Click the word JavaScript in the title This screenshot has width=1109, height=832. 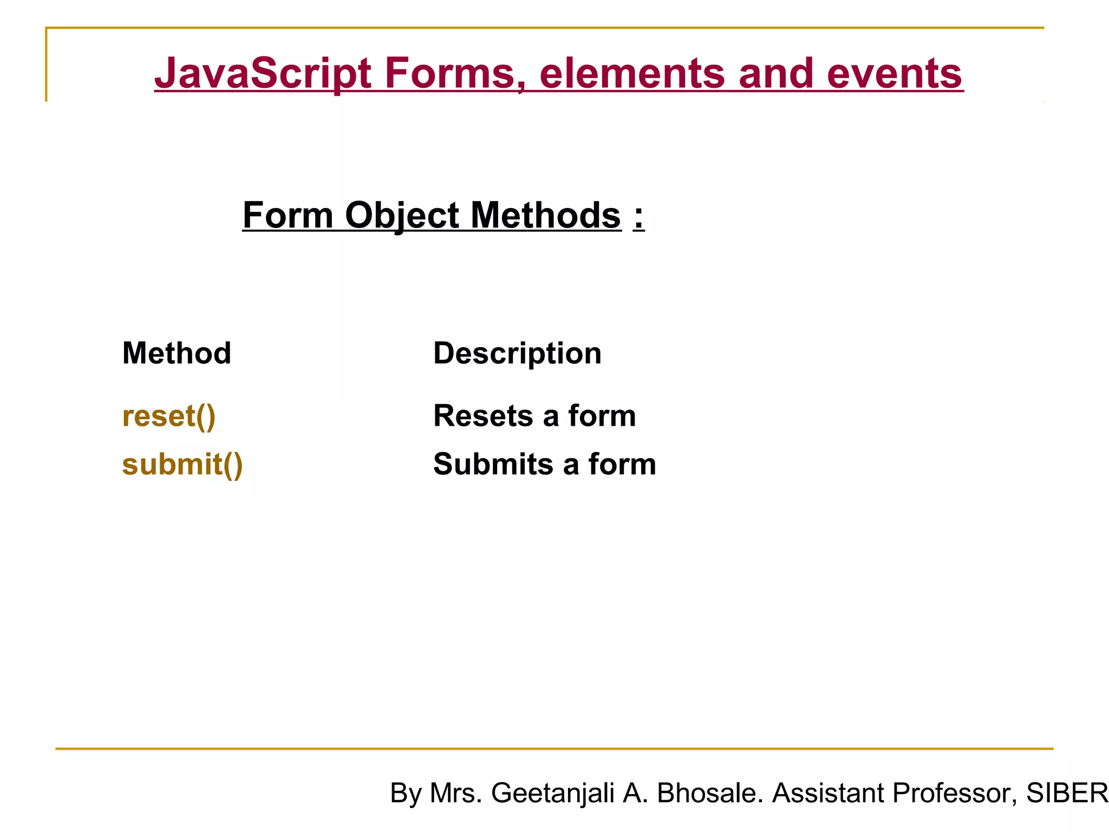click(x=263, y=74)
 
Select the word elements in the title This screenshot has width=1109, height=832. click(x=631, y=74)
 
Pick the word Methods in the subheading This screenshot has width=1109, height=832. click(x=546, y=216)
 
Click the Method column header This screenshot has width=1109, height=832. click(x=177, y=353)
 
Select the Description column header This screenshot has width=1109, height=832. click(x=517, y=353)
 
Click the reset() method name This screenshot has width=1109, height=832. click(x=169, y=416)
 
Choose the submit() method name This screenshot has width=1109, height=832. click(x=182, y=464)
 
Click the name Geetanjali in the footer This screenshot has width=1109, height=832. click(x=552, y=793)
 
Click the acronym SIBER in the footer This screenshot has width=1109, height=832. click(x=1067, y=793)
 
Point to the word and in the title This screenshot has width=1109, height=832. click(x=776, y=74)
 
